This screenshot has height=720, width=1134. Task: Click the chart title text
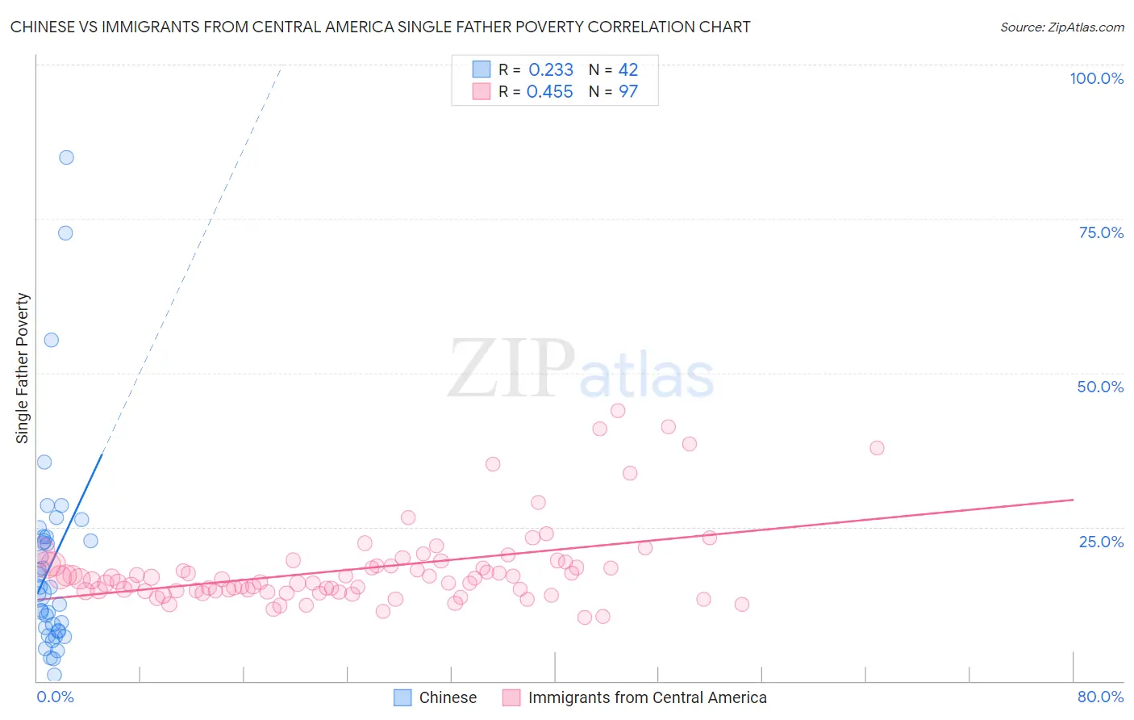[380, 27]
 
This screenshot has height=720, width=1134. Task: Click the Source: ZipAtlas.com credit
[1061, 27]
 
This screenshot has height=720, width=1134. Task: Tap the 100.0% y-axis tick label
[1096, 78]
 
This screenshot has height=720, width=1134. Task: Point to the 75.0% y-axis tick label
[1101, 232]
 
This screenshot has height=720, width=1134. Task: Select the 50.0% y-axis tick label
[1100, 387]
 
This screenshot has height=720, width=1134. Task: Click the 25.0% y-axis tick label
[1101, 542]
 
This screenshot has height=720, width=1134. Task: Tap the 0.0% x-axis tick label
[55, 697]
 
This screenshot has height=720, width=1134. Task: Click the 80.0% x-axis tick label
[1100, 697]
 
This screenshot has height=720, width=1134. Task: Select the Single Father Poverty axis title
[23, 368]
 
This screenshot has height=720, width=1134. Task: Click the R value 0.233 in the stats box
[551, 70]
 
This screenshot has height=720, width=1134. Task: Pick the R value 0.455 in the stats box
[550, 92]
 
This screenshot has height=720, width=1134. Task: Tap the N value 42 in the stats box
[628, 70]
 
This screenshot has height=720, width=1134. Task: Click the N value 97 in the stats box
[628, 92]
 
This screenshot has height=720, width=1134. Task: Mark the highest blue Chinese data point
[67, 157]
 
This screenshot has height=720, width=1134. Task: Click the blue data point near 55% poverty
[52, 340]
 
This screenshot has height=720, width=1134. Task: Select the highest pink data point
[618, 411]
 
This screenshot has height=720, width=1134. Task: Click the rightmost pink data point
[877, 448]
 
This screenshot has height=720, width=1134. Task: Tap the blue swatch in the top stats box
[482, 69]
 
